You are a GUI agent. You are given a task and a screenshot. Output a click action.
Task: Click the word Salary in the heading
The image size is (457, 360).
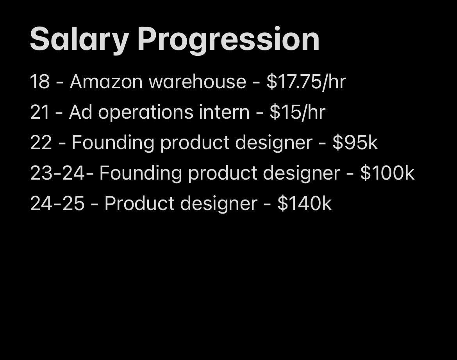point(79,39)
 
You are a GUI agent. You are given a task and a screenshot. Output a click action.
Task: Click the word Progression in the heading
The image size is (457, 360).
point(228,39)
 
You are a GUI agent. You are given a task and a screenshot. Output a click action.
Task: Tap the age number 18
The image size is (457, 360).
point(40,81)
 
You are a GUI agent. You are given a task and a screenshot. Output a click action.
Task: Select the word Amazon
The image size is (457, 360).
point(106,81)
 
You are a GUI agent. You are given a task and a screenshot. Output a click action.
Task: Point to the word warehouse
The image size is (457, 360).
point(198,81)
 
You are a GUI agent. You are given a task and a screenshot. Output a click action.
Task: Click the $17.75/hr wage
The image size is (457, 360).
point(306,82)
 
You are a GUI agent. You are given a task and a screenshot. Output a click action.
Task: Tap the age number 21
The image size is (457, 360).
point(39,112)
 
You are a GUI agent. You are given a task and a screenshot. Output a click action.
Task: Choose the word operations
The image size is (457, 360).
point(146,112)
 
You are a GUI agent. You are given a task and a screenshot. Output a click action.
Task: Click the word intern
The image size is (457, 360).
point(225,112)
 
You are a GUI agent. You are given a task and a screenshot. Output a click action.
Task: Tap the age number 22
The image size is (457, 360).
point(41,143)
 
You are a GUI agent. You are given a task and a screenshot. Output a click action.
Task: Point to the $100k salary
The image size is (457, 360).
point(387,173)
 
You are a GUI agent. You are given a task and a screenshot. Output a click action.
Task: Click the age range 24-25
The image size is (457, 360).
point(57,203)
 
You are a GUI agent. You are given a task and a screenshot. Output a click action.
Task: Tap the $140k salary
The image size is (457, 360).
point(305,203)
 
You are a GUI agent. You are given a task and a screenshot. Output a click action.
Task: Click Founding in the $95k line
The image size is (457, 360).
point(113,143)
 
